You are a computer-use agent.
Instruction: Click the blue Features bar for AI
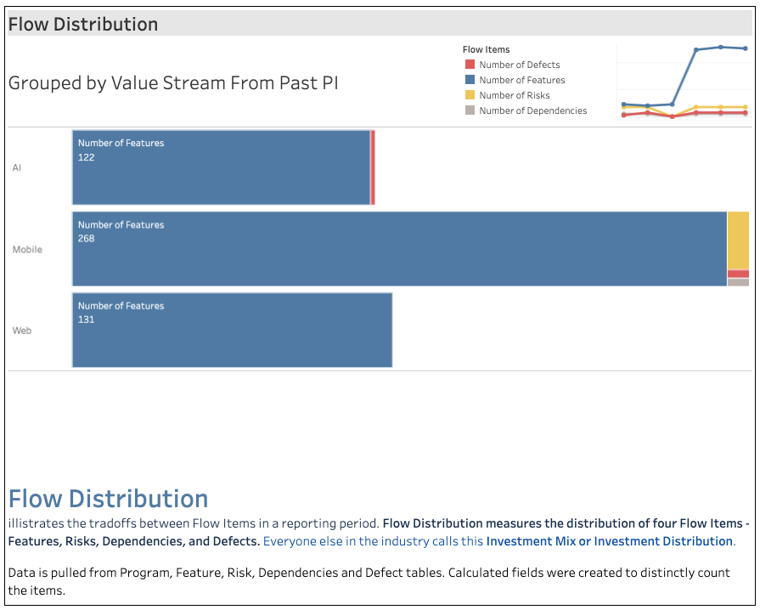[221, 167]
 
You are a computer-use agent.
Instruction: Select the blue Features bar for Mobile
[399, 249]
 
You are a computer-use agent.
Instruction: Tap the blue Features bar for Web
[232, 330]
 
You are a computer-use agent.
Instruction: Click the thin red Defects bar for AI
[373, 167]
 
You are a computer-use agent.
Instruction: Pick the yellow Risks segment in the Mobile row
[738, 240]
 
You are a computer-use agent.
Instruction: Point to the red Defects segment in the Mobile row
[738, 274]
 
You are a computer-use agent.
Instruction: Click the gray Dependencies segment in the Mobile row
[738, 282]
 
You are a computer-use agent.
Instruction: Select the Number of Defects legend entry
[519, 65]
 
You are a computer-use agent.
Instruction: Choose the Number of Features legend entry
[521, 80]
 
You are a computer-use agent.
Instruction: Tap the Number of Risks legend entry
[514, 95]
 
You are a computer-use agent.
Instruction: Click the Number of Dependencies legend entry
[532, 110]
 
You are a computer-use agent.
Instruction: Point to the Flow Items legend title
[486, 49]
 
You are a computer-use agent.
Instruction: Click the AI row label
[17, 167]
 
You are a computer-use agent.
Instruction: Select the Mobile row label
[27, 250]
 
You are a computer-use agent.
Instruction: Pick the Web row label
[22, 330]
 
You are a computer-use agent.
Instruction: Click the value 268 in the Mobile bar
[87, 239]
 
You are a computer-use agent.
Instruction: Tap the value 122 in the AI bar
[87, 157]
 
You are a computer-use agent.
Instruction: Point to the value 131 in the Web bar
[87, 319]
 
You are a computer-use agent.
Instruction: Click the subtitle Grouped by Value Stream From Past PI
[173, 83]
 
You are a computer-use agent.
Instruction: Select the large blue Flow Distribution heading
[108, 499]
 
